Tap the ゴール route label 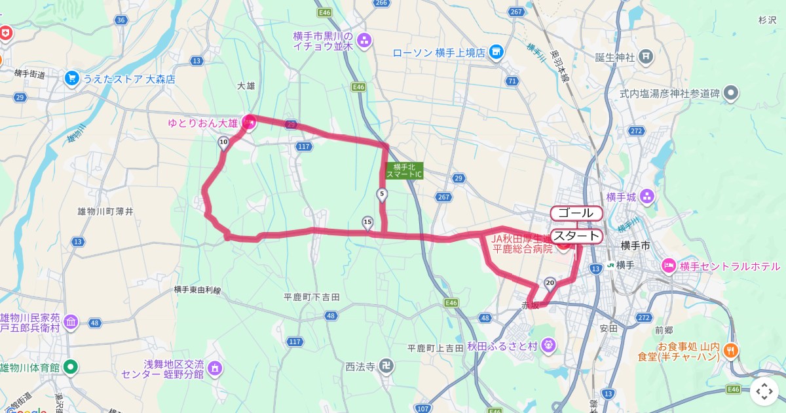coord(576,213)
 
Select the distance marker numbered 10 coord(223,143)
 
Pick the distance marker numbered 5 coord(382,194)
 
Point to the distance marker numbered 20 coord(550,283)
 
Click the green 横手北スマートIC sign coord(405,171)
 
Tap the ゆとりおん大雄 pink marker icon coord(249,121)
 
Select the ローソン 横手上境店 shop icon coord(496,51)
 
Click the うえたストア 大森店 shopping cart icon coord(71,79)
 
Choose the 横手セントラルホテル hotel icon coord(669,265)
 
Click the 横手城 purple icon coord(647,196)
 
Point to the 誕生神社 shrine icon coord(646,56)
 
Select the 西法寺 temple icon coord(388,366)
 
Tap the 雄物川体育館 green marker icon coord(71,367)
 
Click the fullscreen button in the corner coord(764,391)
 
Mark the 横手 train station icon coord(610,265)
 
